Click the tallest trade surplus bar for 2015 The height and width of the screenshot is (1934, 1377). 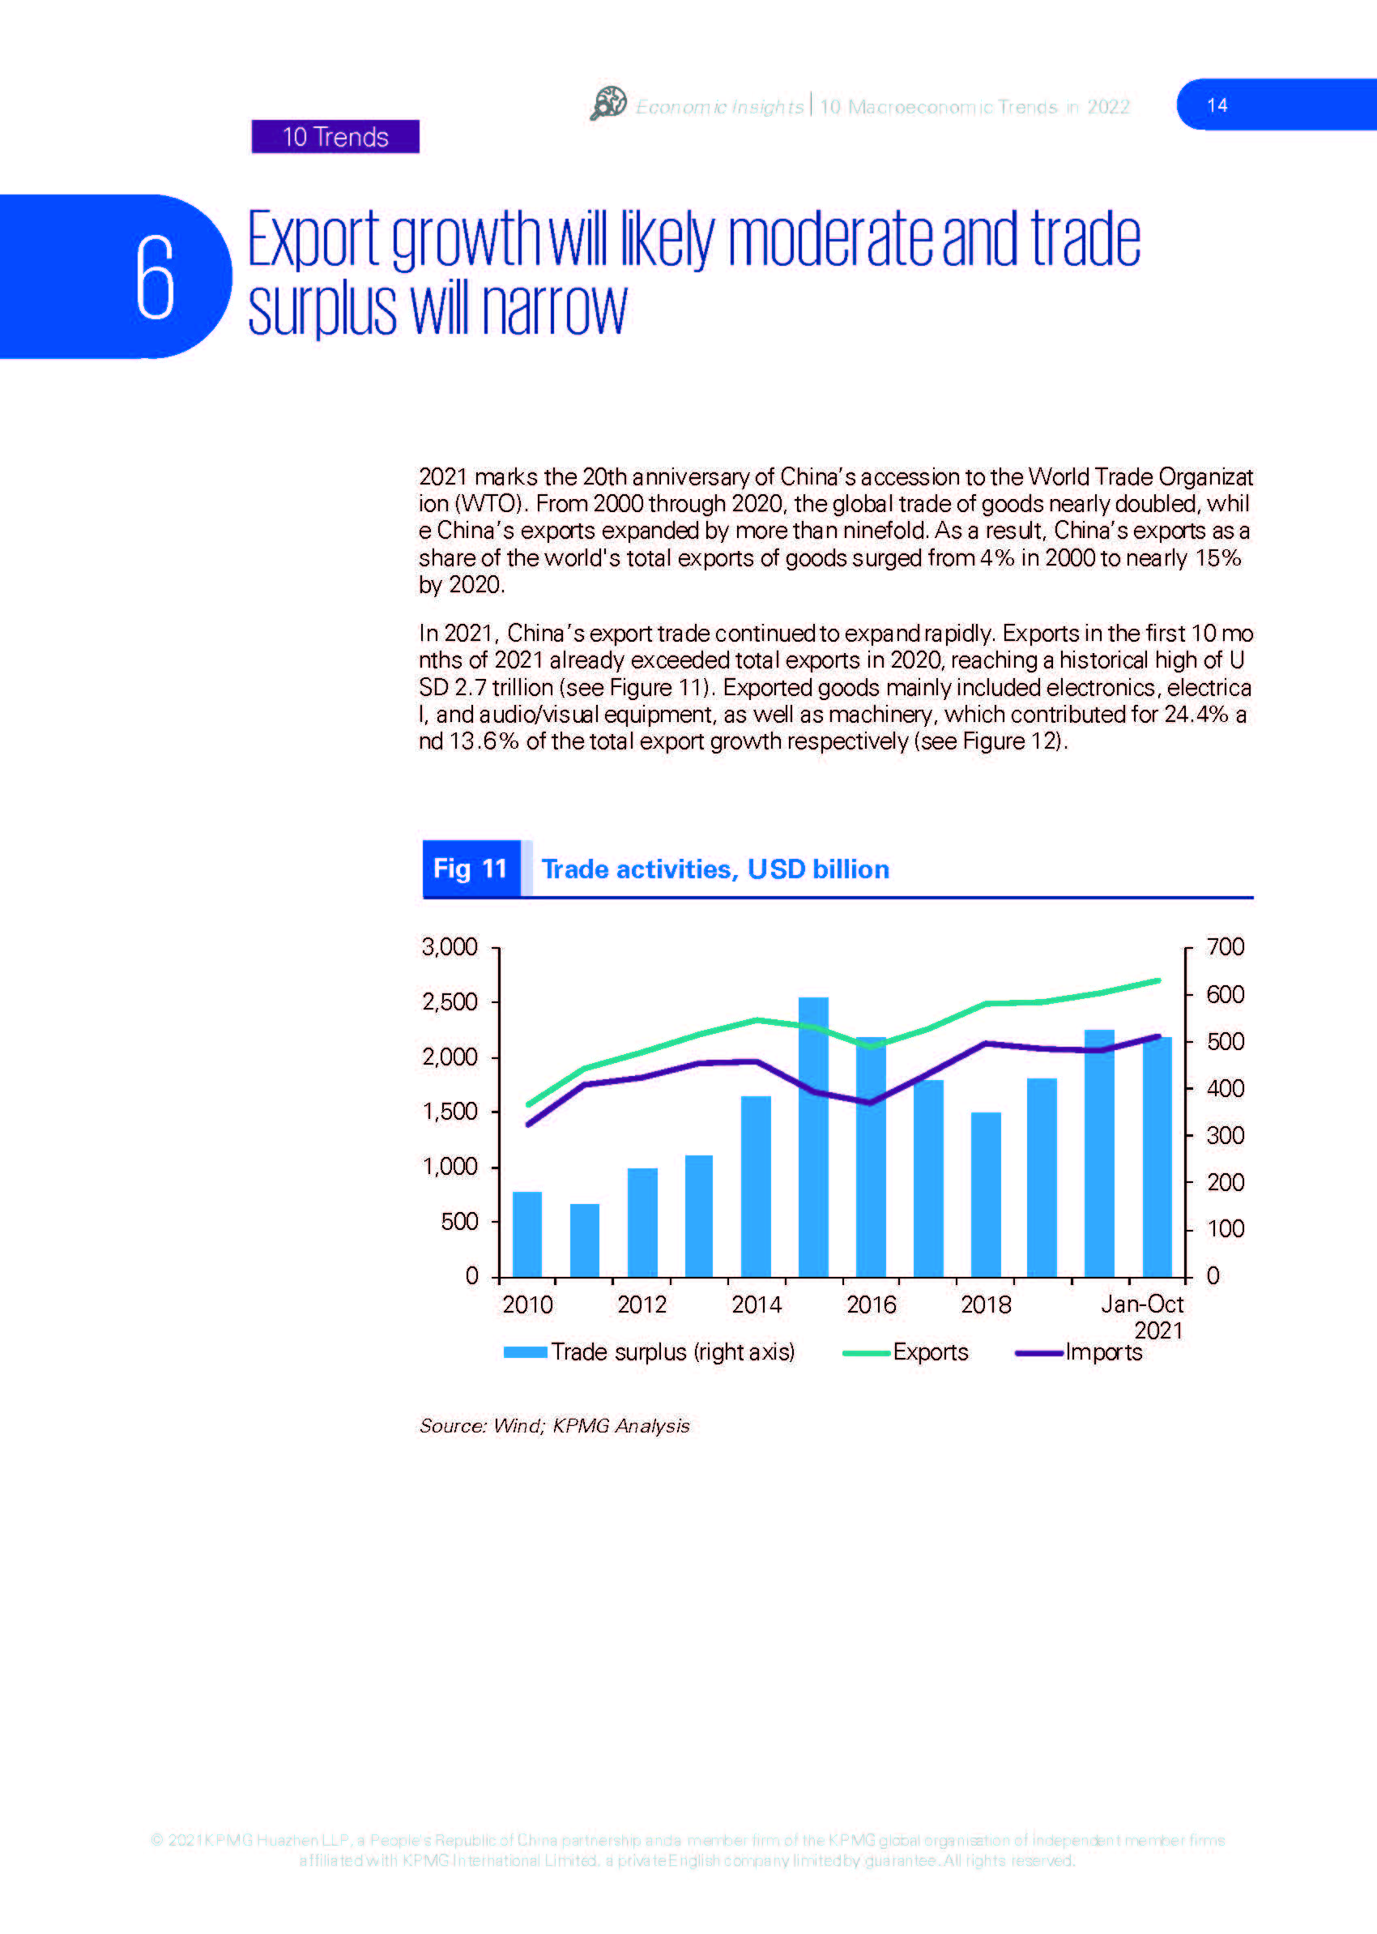pyautogui.click(x=813, y=1137)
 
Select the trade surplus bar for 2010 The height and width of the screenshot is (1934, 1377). pyautogui.click(x=527, y=1234)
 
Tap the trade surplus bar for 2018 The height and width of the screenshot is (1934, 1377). pyautogui.click(x=986, y=1194)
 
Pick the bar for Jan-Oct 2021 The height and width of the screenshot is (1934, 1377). pyautogui.click(x=1157, y=1157)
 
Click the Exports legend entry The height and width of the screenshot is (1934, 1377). pyautogui.click(x=906, y=1352)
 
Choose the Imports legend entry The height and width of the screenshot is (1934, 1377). pyautogui.click(x=1079, y=1352)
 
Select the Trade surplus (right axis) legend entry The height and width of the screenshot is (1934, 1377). pyautogui.click(x=650, y=1352)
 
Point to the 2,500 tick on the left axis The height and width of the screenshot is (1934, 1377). pyautogui.click(x=450, y=1001)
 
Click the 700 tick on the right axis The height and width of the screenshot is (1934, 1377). pyautogui.click(x=1226, y=946)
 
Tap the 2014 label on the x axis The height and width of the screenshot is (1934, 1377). pyautogui.click(x=757, y=1304)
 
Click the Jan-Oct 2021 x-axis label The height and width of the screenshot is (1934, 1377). pyautogui.click(x=1142, y=1317)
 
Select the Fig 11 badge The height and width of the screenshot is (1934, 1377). pyautogui.click(x=471, y=869)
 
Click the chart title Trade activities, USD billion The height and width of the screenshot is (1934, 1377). pyautogui.click(x=714, y=869)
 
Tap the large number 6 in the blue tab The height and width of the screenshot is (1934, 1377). pyautogui.click(x=156, y=277)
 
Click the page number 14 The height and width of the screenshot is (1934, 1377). pyautogui.click(x=1217, y=105)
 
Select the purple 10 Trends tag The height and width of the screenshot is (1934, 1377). pyautogui.click(x=336, y=137)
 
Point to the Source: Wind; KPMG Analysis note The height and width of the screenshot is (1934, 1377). pyautogui.click(x=555, y=1426)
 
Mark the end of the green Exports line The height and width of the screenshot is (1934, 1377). pyautogui.click(x=1158, y=980)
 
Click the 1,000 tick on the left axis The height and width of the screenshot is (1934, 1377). pyautogui.click(x=450, y=1167)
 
